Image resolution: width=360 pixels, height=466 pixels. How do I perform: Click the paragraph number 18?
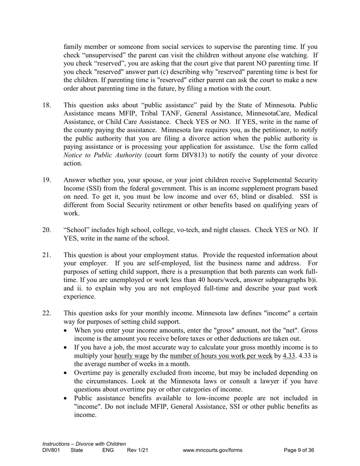click(x=47, y=105)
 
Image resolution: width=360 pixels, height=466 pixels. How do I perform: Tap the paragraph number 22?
click(x=47, y=313)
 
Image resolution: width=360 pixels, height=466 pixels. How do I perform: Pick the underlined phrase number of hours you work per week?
click(x=221, y=356)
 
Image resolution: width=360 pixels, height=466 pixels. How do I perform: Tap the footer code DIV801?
click(x=51, y=450)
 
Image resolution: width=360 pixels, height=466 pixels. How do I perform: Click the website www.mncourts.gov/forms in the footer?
click(x=212, y=450)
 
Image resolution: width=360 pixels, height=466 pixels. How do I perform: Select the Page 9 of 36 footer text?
click(x=299, y=450)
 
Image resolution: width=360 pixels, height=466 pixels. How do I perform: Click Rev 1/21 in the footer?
click(x=137, y=450)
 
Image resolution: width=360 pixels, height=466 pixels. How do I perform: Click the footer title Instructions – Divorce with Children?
click(x=84, y=444)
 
